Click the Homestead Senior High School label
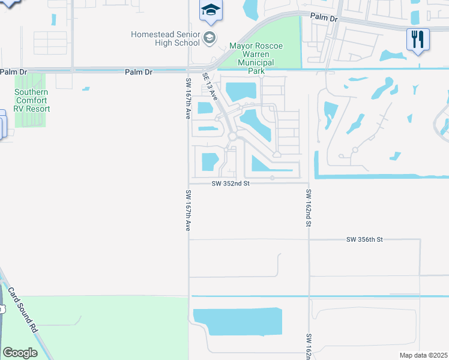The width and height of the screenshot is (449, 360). [165, 39]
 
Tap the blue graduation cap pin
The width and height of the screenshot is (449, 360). [211, 11]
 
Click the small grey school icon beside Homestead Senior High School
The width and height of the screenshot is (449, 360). [209, 39]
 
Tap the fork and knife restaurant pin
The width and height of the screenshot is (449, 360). [418, 40]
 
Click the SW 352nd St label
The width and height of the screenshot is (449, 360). [231, 184]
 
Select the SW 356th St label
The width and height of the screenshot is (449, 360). [364, 239]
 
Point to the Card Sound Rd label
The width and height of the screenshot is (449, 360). [23, 311]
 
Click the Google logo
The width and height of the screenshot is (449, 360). [20, 353]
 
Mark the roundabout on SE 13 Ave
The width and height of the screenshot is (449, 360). [232, 137]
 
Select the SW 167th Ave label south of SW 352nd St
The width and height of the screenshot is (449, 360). [188, 211]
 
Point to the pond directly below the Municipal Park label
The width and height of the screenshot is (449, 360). [241, 92]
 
